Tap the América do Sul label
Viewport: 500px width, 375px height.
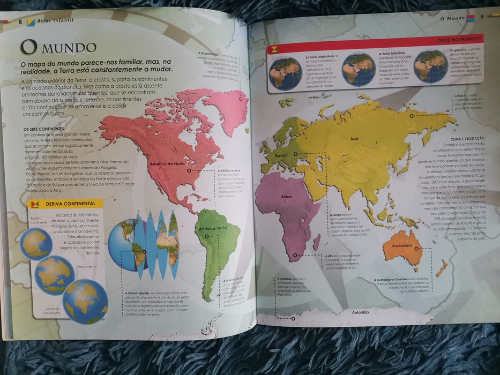[211, 229]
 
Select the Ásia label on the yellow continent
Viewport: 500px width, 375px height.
[354, 139]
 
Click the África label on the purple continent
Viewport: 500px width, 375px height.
[286, 197]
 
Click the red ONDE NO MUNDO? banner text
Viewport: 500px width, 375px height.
[459, 40]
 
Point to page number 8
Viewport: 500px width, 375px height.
[20, 21]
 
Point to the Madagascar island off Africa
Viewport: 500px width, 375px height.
[317, 242]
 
